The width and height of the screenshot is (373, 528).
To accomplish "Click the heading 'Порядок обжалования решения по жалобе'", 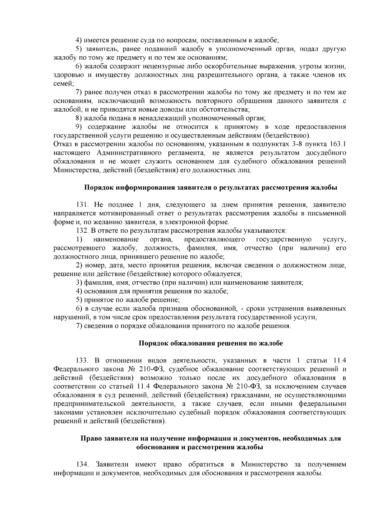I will (210, 343).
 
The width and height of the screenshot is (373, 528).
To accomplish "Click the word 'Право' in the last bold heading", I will (90, 439).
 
